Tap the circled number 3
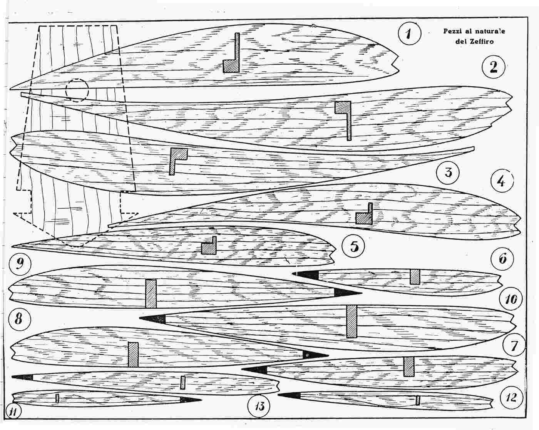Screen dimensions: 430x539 pos(448,172)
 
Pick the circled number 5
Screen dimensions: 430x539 pos(354,245)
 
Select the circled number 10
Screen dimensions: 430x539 pos(511,299)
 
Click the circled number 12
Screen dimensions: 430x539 pos(512,397)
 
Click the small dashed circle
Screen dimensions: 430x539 pos(77,90)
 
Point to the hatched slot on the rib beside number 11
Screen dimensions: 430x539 pos(57,398)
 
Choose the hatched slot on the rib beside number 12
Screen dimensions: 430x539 pos(417,400)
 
